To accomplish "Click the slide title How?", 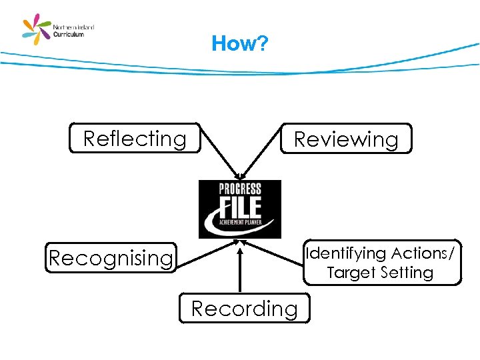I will pos(239,44).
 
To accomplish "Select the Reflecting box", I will pos(135,139).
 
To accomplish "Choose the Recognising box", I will pos(111,258).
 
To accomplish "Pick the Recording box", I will pos(244,309).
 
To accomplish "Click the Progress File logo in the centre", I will pos(240,209).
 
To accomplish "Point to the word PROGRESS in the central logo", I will pos(240,189).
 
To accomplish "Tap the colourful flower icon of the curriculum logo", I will pos(36,30).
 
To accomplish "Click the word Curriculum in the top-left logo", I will pos(69,34).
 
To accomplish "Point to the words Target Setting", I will pos(380,273).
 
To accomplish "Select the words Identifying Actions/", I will pos(379,253).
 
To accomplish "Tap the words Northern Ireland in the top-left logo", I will pos(74,27).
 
